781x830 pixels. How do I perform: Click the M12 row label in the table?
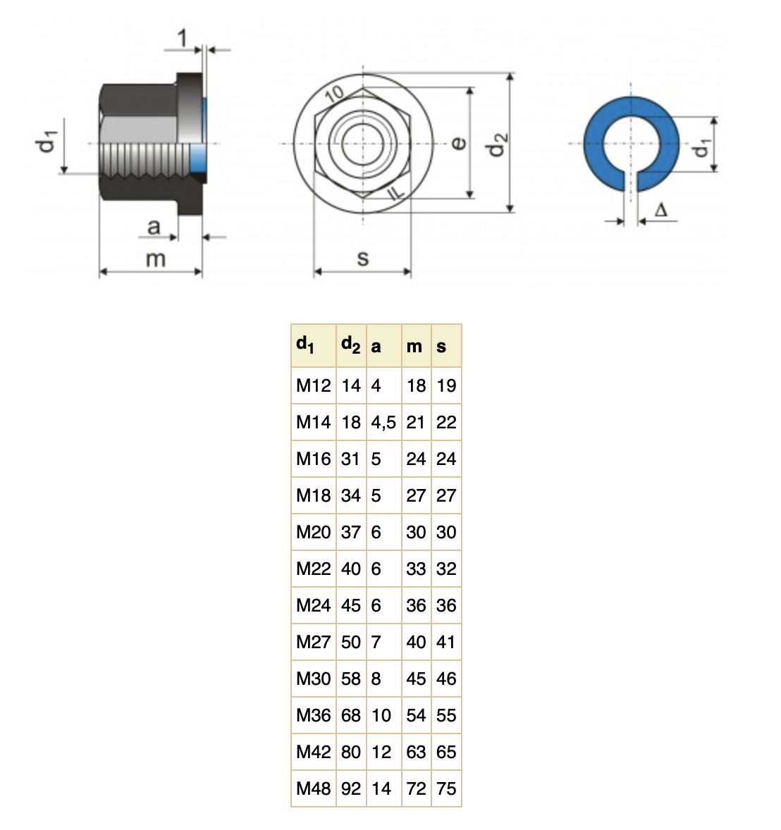(314, 385)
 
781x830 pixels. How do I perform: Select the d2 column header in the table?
(350, 345)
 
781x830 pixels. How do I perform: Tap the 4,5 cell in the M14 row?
(383, 423)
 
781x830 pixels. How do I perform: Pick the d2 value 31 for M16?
(350, 459)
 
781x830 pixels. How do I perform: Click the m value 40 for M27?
(416, 642)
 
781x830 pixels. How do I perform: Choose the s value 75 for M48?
(446, 788)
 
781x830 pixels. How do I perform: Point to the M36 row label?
(314, 715)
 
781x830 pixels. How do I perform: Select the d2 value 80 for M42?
(350, 752)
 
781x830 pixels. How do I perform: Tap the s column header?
(441, 347)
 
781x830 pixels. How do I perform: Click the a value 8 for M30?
(376, 679)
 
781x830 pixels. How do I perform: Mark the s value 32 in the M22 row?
(446, 569)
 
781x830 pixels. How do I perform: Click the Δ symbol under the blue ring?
(660, 210)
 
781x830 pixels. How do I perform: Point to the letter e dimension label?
(459, 143)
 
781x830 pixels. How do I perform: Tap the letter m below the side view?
(156, 259)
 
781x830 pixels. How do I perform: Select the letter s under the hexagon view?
(363, 259)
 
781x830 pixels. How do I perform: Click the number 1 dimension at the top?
(183, 38)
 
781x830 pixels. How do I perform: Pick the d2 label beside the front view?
(497, 144)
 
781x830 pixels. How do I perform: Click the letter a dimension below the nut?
(154, 227)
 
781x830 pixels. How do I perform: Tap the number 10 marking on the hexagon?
(335, 94)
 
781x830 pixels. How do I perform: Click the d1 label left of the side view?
(46, 141)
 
